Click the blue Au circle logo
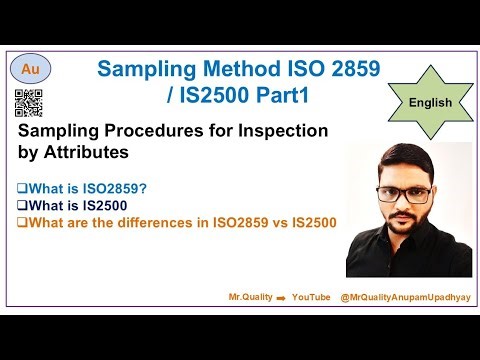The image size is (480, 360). click(31, 70)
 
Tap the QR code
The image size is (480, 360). click(29, 103)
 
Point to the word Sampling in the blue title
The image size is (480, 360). click(138, 68)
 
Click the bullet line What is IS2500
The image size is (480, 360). click(78, 204)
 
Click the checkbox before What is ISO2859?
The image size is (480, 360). click(22, 186)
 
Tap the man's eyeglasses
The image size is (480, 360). click(404, 195)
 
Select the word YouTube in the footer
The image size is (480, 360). click(311, 298)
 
